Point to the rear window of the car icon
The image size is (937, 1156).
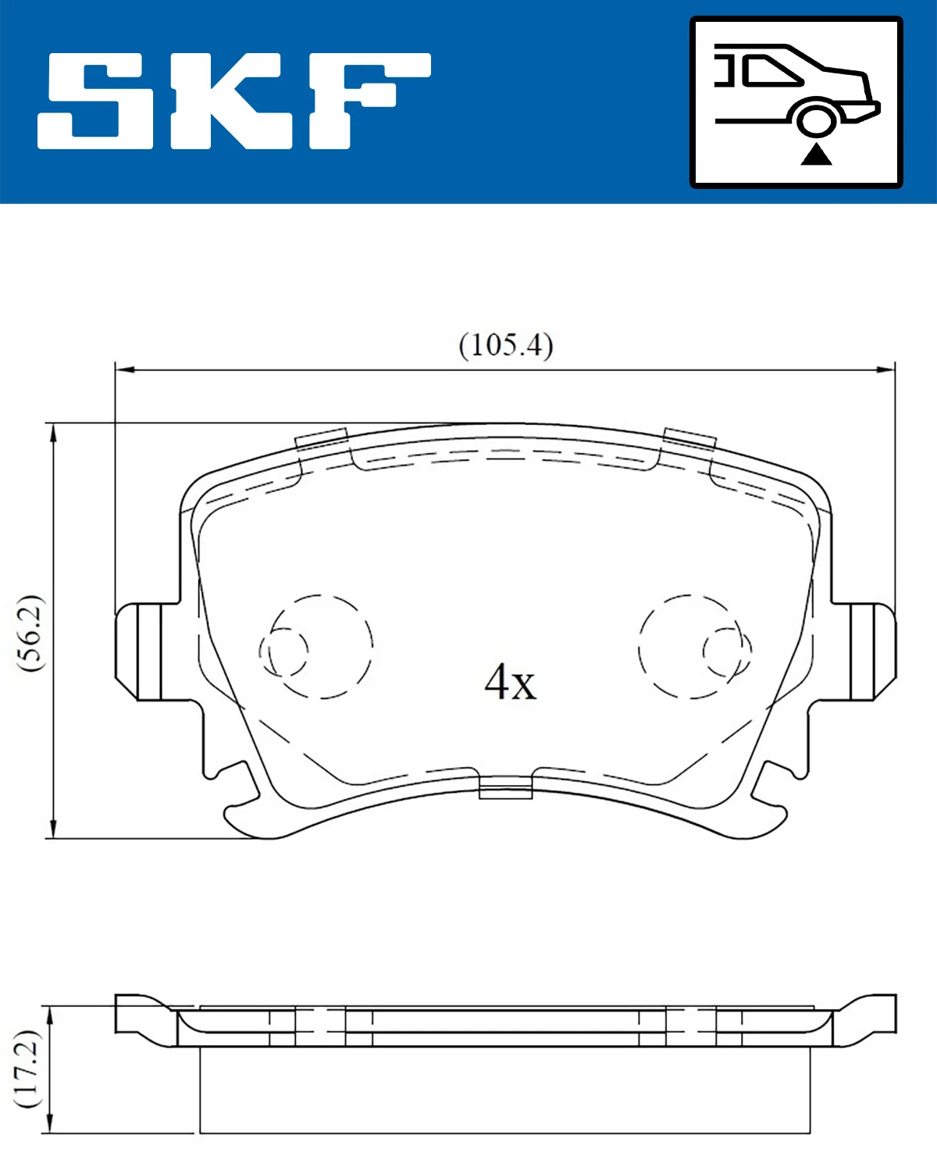click(x=773, y=70)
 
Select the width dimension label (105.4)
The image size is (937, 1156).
click(x=506, y=344)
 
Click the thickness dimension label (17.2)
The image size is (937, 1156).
click(x=28, y=1069)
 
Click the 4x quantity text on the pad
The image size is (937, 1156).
click(x=510, y=682)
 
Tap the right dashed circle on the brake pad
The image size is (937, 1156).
click(x=691, y=646)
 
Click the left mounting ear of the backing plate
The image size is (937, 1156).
click(x=139, y=651)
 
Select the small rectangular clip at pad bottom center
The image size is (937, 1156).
click(x=505, y=788)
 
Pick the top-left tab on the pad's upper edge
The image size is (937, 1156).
click(x=321, y=440)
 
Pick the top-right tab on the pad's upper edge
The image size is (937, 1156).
click(x=689, y=438)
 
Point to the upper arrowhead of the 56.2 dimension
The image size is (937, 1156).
click(x=52, y=433)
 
